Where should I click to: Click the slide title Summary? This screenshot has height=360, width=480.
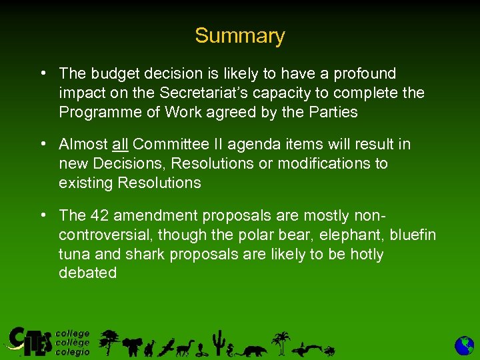click(x=239, y=36)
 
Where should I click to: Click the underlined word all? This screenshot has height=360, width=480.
click(x=120, y=144)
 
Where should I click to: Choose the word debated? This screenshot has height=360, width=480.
click(x=87, y=273)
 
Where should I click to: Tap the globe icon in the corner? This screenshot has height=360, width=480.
click(x=464, y=345)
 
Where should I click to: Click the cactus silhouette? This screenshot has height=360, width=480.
click(x=217, y=341)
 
